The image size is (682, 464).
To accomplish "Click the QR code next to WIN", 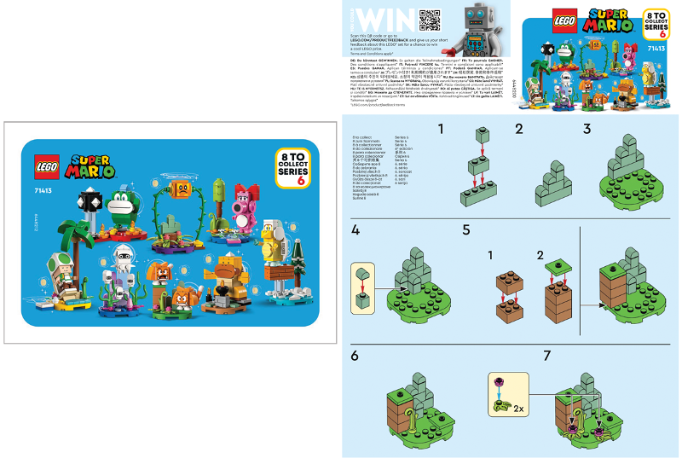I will coord(429,19).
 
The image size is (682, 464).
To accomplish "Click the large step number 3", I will coord(587,129).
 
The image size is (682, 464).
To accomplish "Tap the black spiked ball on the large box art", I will coord(88,201).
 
